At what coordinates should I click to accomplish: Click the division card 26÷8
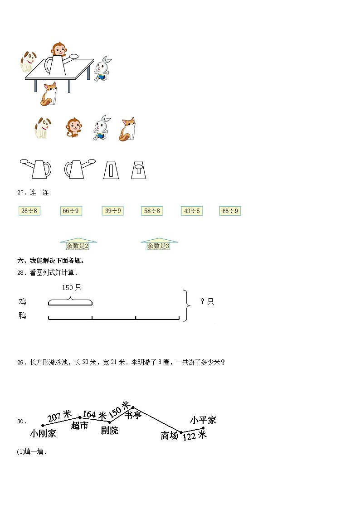point(29,211)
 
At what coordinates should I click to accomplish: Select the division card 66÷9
point(71,211)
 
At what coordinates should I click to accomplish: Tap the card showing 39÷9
point(113,211)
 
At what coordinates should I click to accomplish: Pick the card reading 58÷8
point(152,211)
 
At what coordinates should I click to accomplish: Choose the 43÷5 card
point(191,211)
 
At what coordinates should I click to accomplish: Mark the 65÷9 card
point(230,211)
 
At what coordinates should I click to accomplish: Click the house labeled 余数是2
point(78,245)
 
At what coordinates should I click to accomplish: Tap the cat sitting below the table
point(49,93)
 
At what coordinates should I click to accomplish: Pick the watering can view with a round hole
point(138,170)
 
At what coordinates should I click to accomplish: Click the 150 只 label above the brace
point(71,287)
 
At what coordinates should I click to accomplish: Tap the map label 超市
point(79,426)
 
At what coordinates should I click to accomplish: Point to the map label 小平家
point(203,420)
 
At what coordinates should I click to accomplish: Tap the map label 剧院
point(109,430)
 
